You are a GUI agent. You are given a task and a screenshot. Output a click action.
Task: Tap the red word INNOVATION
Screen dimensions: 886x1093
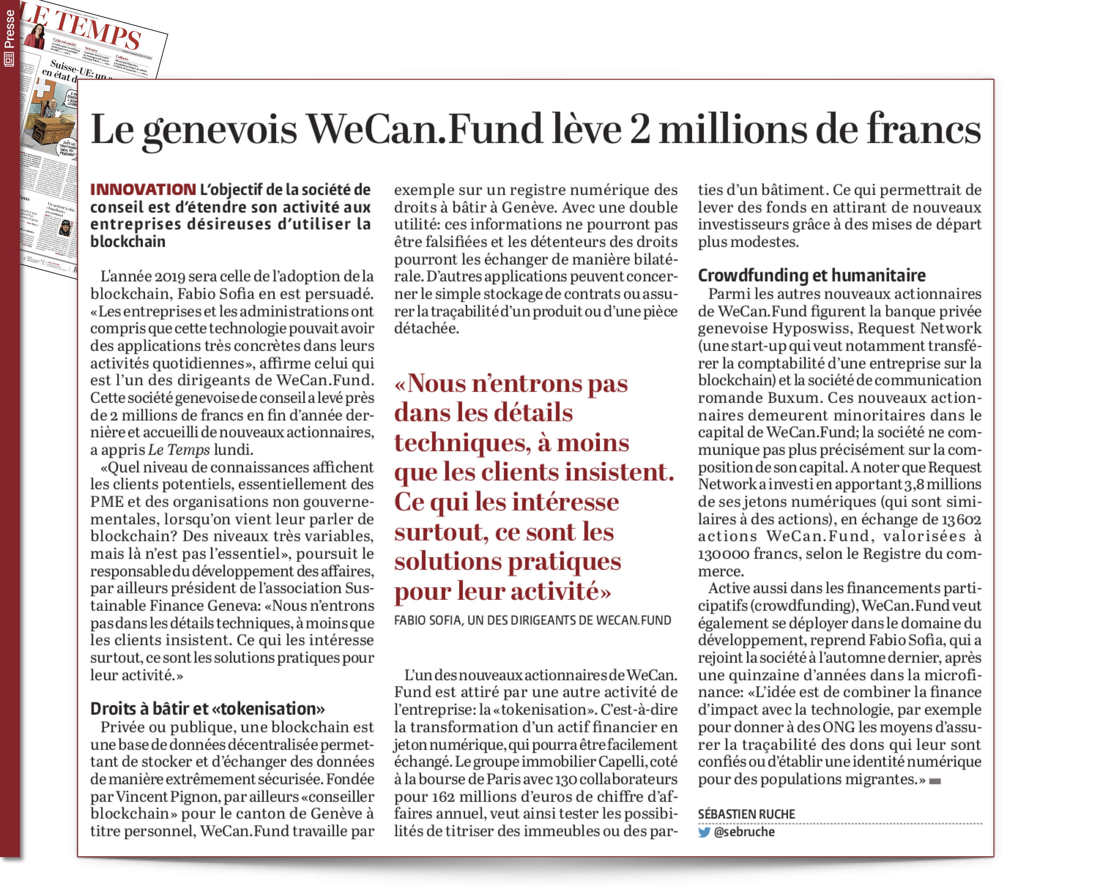point(143,190)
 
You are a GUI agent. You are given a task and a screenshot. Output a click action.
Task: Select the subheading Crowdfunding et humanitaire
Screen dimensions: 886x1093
point(811,276)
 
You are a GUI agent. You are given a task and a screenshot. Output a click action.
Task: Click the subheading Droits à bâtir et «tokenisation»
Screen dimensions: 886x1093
point(207,709)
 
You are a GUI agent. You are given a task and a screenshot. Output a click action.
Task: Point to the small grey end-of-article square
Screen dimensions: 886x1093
point(935,781)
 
